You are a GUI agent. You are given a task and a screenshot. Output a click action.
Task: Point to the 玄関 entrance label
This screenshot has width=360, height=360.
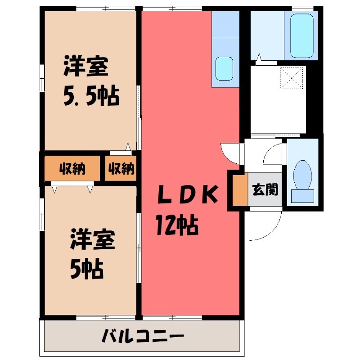coord(265,189)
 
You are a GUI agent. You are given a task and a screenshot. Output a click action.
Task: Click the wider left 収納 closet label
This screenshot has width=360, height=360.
coord(72,169)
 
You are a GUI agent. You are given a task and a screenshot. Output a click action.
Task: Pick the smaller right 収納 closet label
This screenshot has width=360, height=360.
coord(121,169)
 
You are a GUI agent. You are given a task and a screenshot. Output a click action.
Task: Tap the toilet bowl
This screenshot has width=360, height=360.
coord(302,174)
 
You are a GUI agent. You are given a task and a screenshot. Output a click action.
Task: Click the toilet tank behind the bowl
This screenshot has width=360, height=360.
coord(302,196)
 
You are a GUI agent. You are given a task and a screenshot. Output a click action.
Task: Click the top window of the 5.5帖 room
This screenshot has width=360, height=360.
coord(105,9)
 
